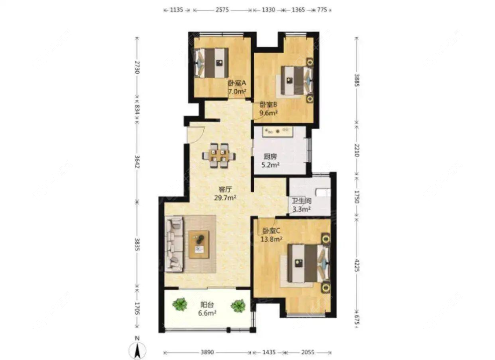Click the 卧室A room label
pos(237,83)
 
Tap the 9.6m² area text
pos(268,113)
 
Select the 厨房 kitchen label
pos(270,156)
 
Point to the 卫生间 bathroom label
pos(301,200)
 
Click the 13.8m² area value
pos(271,239)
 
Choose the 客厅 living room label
pos(225,189)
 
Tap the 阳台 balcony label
pos(207,305)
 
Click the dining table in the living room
pos(219,156)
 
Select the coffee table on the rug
pos(199,244)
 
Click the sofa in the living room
pos(174,244)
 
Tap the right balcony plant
pos(238,305)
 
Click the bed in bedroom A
pos(211,63)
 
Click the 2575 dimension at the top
pos(222,10)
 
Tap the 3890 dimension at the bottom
pos(207,352)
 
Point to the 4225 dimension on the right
pos(357,265)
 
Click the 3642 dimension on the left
pos(137,162)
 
